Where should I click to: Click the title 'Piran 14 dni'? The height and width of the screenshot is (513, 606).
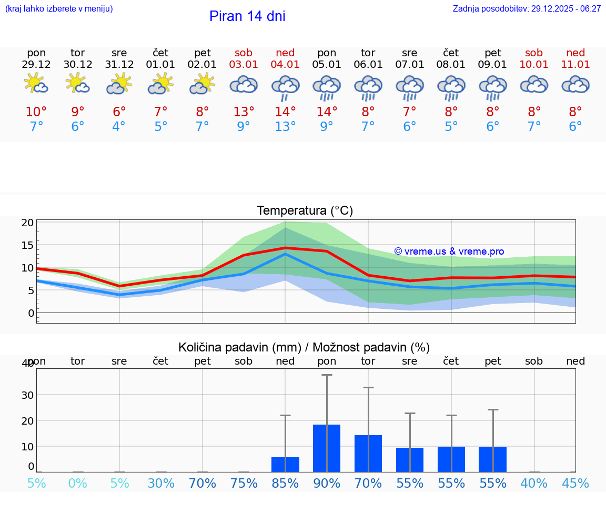pyautogui.click(x=247, y=16)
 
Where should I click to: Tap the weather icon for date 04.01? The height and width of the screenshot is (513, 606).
pyautogui.click(x=285, y=88)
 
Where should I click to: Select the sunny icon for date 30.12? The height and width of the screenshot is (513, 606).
pyautogui.click(x=77, y=84)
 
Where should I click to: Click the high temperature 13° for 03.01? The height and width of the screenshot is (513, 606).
pyautogui.click(x=244, y=112)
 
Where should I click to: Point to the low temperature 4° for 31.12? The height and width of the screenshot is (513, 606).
pyautogui.click(x=119, y=127)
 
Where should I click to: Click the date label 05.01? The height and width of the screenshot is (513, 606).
pyautogui.click(x=327, y=65)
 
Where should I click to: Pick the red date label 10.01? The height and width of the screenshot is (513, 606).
pyautogui.click(x=534, y=65)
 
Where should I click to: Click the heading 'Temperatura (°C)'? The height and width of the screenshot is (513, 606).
pyautogui.click(x=305, y=211)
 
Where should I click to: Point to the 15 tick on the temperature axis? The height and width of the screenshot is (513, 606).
pyautogui.click(x=27, y=245)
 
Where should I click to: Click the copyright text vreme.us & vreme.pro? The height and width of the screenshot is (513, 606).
pyautogui.click(x=449, y=252)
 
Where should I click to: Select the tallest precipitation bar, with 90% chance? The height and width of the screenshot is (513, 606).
pyautogui.click(x=327, y=448)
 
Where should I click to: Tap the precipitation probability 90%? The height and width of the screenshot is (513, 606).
pyautogui.click(x=327, y=484)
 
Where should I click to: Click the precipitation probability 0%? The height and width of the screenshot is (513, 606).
pyautogui.click(x=77, y=484)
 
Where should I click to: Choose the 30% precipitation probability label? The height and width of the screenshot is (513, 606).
pyautogui.click(x=161, y=484)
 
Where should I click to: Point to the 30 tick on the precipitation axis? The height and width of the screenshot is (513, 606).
pyautogui.click(x=27, y=395)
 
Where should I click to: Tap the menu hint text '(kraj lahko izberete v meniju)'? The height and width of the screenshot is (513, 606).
pyautogui.click(x=59, y=8)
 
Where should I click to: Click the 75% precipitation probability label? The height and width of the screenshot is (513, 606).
pyautogui.click(x=244, y=484)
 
